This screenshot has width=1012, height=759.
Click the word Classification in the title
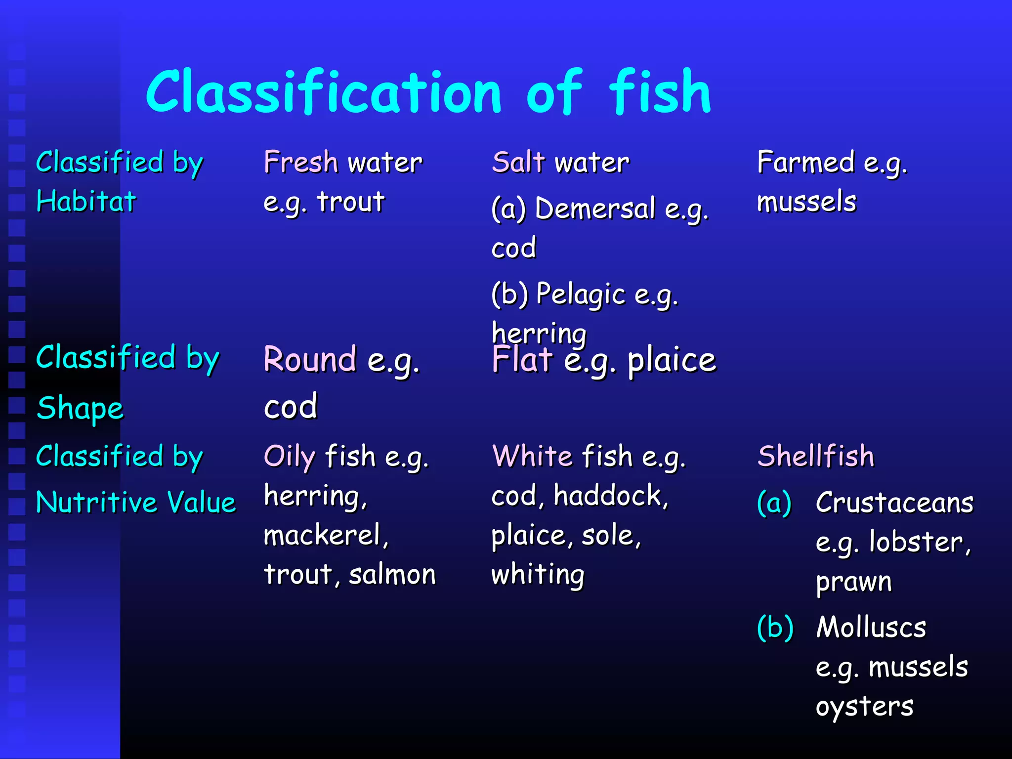[x=324, y=92]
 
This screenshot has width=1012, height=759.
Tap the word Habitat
[x=86, y=202]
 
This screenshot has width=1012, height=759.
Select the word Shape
[x=80, y=409]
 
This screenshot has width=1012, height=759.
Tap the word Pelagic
[x=581, y=295]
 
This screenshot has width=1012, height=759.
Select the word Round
[x=310, y=359]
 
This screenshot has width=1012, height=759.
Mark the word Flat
[x=522, y=359]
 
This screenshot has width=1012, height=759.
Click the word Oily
[x=290, y=456]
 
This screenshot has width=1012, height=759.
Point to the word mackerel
[x=326, y=535]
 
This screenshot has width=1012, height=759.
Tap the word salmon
[x=392, y=575]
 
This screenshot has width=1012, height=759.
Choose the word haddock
[x=610, y=496]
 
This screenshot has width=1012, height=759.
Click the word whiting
[x=538, y=575]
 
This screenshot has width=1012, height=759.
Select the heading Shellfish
[x=816, y=456]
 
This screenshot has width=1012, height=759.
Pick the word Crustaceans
[x=894, y=503]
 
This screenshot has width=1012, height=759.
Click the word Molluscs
[x=871, y=627]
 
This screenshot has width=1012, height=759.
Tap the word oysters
[x=864, y=707]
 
